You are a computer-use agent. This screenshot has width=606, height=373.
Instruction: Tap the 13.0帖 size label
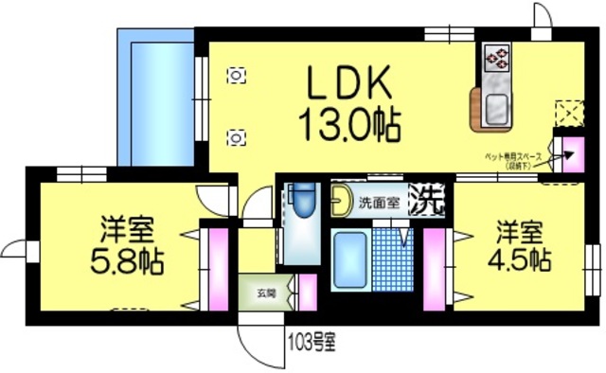click(x=348, y=123)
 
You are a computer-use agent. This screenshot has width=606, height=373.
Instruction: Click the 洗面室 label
click(x=378, y=201)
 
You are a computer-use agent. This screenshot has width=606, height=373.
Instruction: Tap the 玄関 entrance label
click(x=264, y=293)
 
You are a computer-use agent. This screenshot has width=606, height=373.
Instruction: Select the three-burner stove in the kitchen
click(x=496, y=59)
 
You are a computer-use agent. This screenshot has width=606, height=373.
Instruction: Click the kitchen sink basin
click(x=496, y=112)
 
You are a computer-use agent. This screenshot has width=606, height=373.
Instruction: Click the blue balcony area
click(x=155, y=95)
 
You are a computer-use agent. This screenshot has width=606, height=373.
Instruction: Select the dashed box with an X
click(x=567, y=113)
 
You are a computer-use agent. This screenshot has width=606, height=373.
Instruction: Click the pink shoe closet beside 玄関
click(x=307, y=292)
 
